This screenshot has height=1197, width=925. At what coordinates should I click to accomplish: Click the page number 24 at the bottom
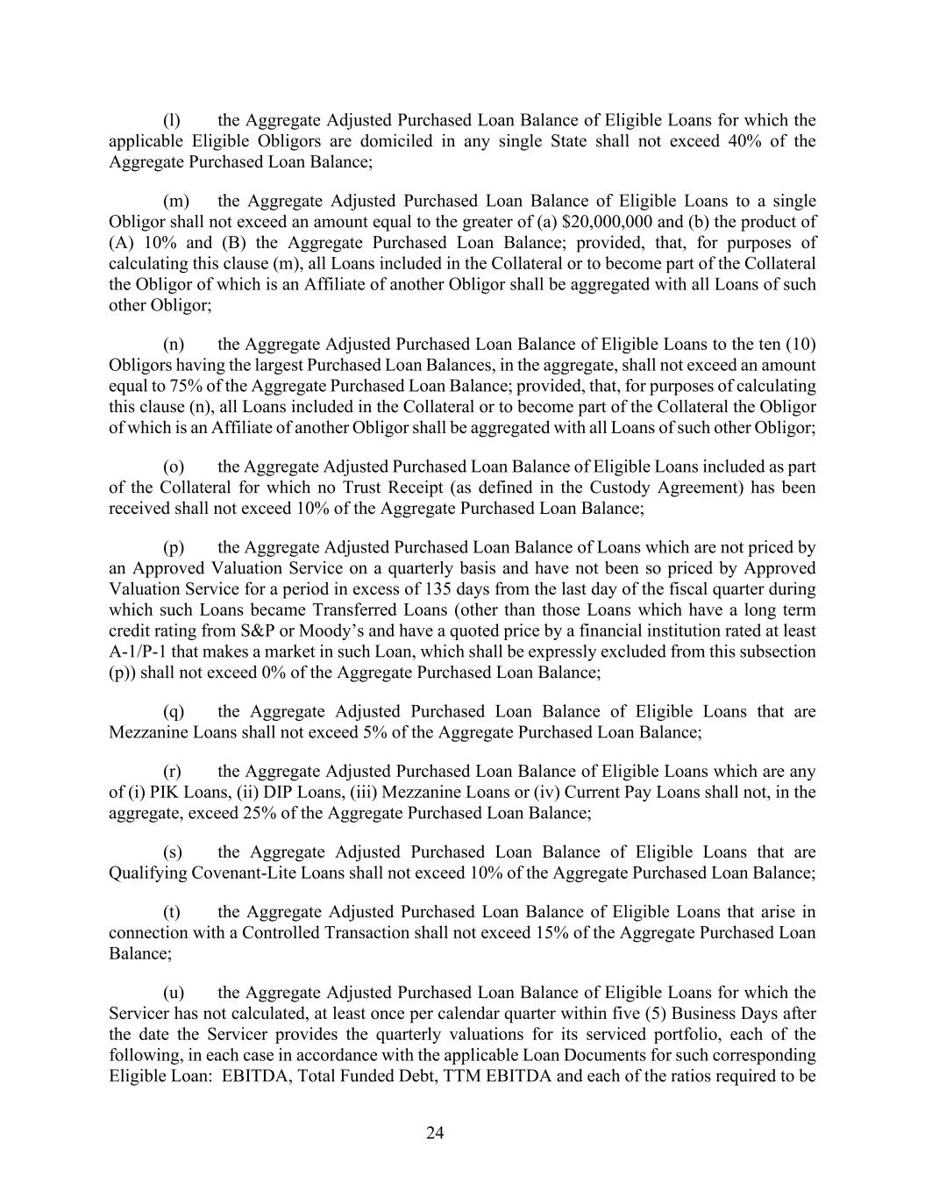pos(435,1133)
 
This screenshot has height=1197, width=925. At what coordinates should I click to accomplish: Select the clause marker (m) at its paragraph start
pos(176,201)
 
